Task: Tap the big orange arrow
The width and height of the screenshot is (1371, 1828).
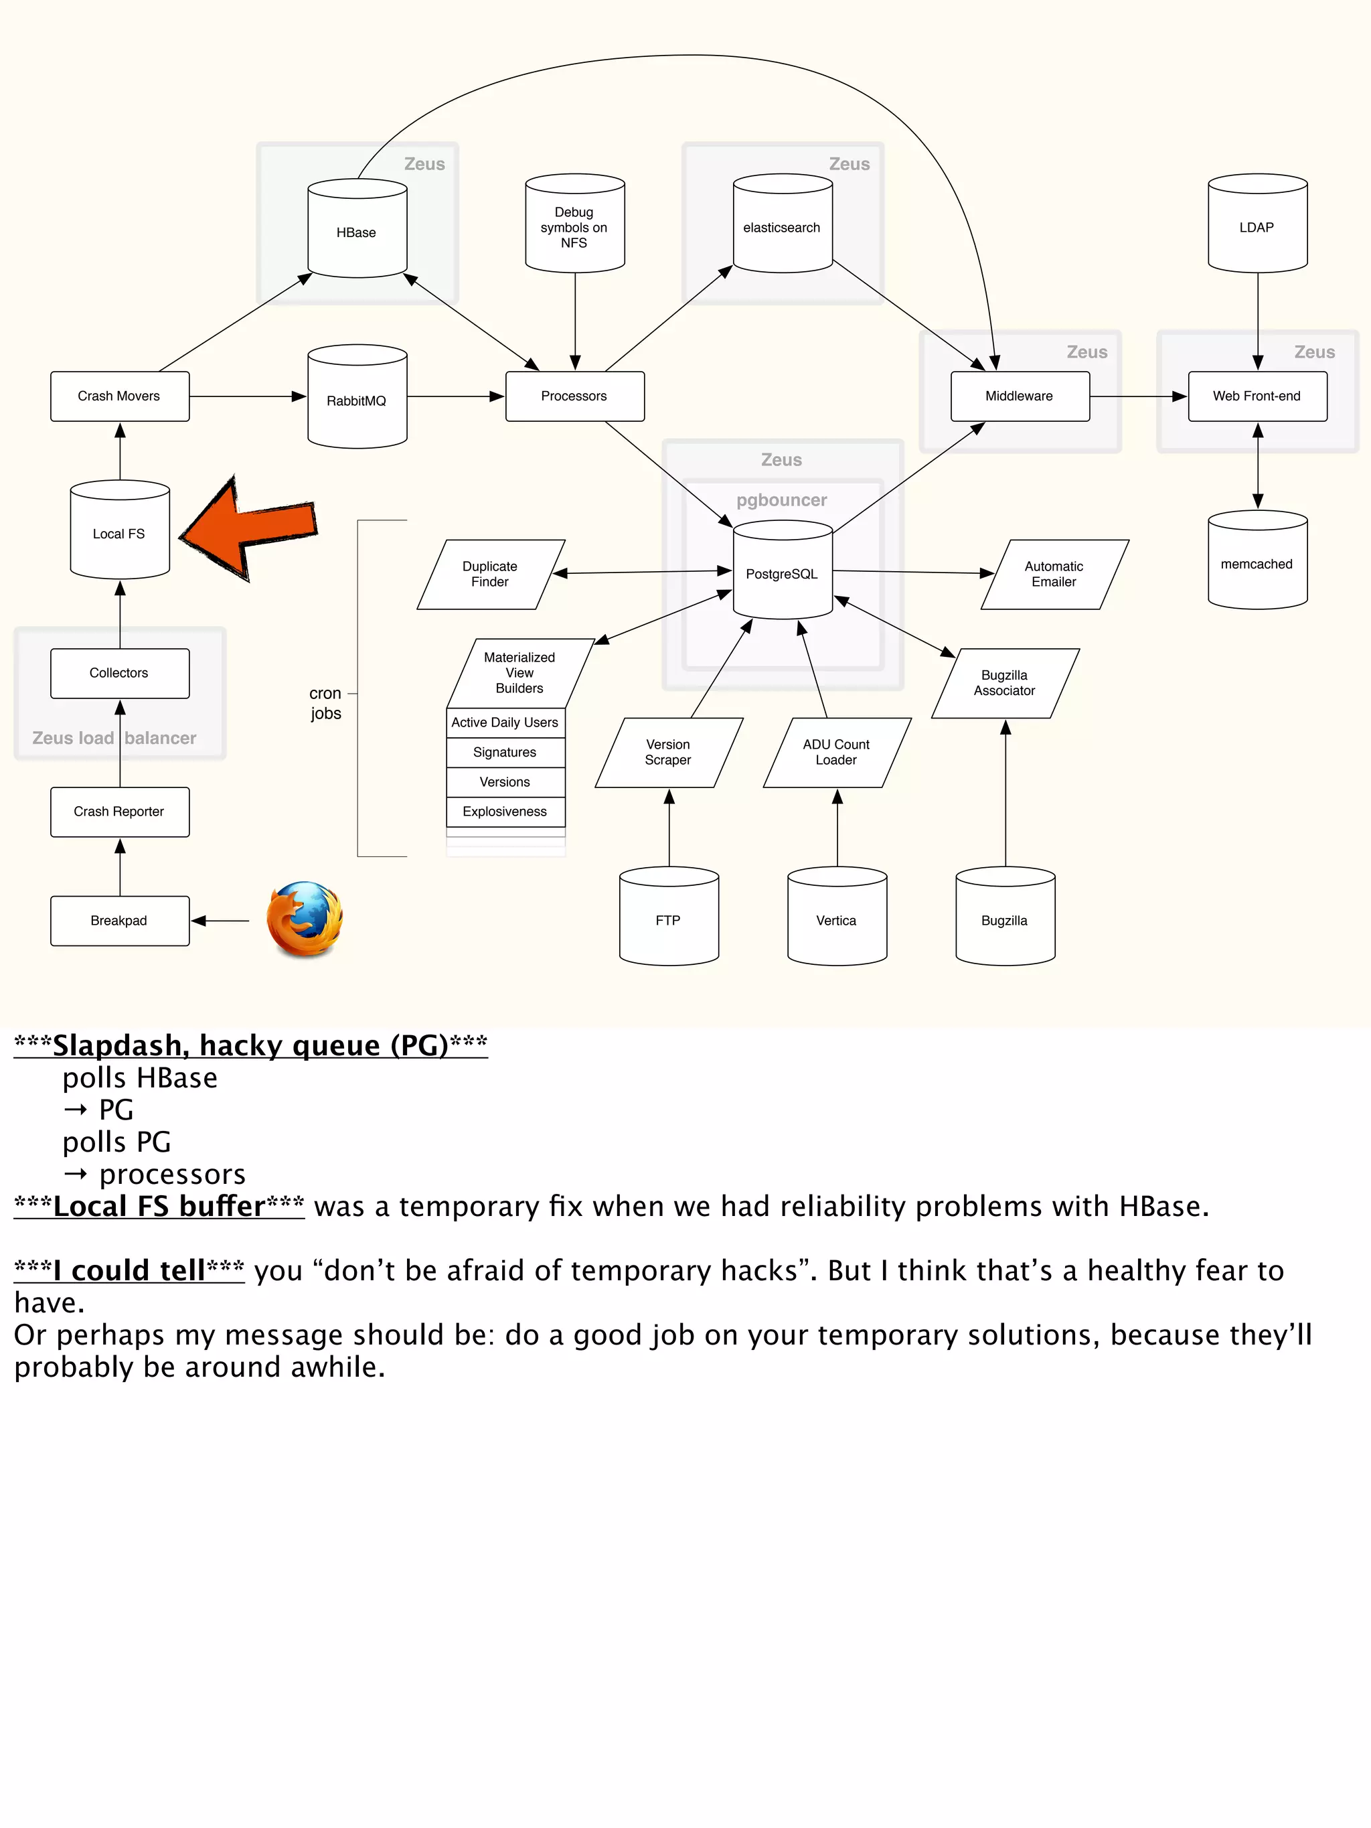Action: click(248, 529)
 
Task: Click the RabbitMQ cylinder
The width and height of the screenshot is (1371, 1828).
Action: click(357, 399)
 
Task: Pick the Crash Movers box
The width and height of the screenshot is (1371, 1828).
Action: click(120, 396)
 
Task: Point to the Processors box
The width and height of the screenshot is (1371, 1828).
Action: click(574, 396)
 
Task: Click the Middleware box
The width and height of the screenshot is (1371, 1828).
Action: click(1019, 396)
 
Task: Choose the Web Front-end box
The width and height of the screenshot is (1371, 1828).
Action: click(1257, 396)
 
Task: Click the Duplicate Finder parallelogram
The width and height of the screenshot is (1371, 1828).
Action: click(490, 575)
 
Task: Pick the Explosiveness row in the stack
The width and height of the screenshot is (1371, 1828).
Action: click(505, 812)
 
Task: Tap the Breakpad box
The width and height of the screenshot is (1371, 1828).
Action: click(120, 921)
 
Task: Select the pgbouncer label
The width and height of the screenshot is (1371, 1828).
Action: click(781, 500)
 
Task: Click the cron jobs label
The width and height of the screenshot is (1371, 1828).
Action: click(325, 703)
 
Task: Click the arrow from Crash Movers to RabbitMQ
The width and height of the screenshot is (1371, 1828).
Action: click(248, 396)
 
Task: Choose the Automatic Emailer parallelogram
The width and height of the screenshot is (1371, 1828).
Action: click(1054, 575)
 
